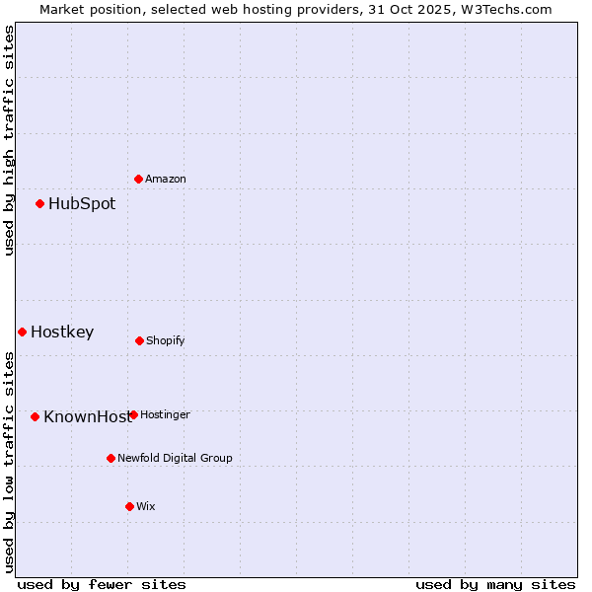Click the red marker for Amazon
click(x=139, y=179)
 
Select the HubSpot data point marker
click(x=40, y=204)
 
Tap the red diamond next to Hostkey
click(x=22, y=332)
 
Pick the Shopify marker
click(x=139, y=340)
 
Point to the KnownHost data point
click(x=36, y=416)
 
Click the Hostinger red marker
click(x=133, y=414)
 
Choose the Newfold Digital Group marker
click(x=111, y=458)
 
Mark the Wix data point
click(x=129, y=506)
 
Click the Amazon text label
click(x=166, y=179)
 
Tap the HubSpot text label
click(x=82, y=204)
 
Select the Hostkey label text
click(x=62, y=332)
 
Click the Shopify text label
click(x=166, y=340)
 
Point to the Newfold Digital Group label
click(x=176, y=458)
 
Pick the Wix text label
click(x=146, y=506)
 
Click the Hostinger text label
click(x=166, y=414)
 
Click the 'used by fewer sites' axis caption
click(x=102, y=584)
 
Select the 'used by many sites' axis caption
click(x=495, y=584)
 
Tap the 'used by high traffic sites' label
click(x=9, y=140)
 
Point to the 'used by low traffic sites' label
click(x=9, y=461)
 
